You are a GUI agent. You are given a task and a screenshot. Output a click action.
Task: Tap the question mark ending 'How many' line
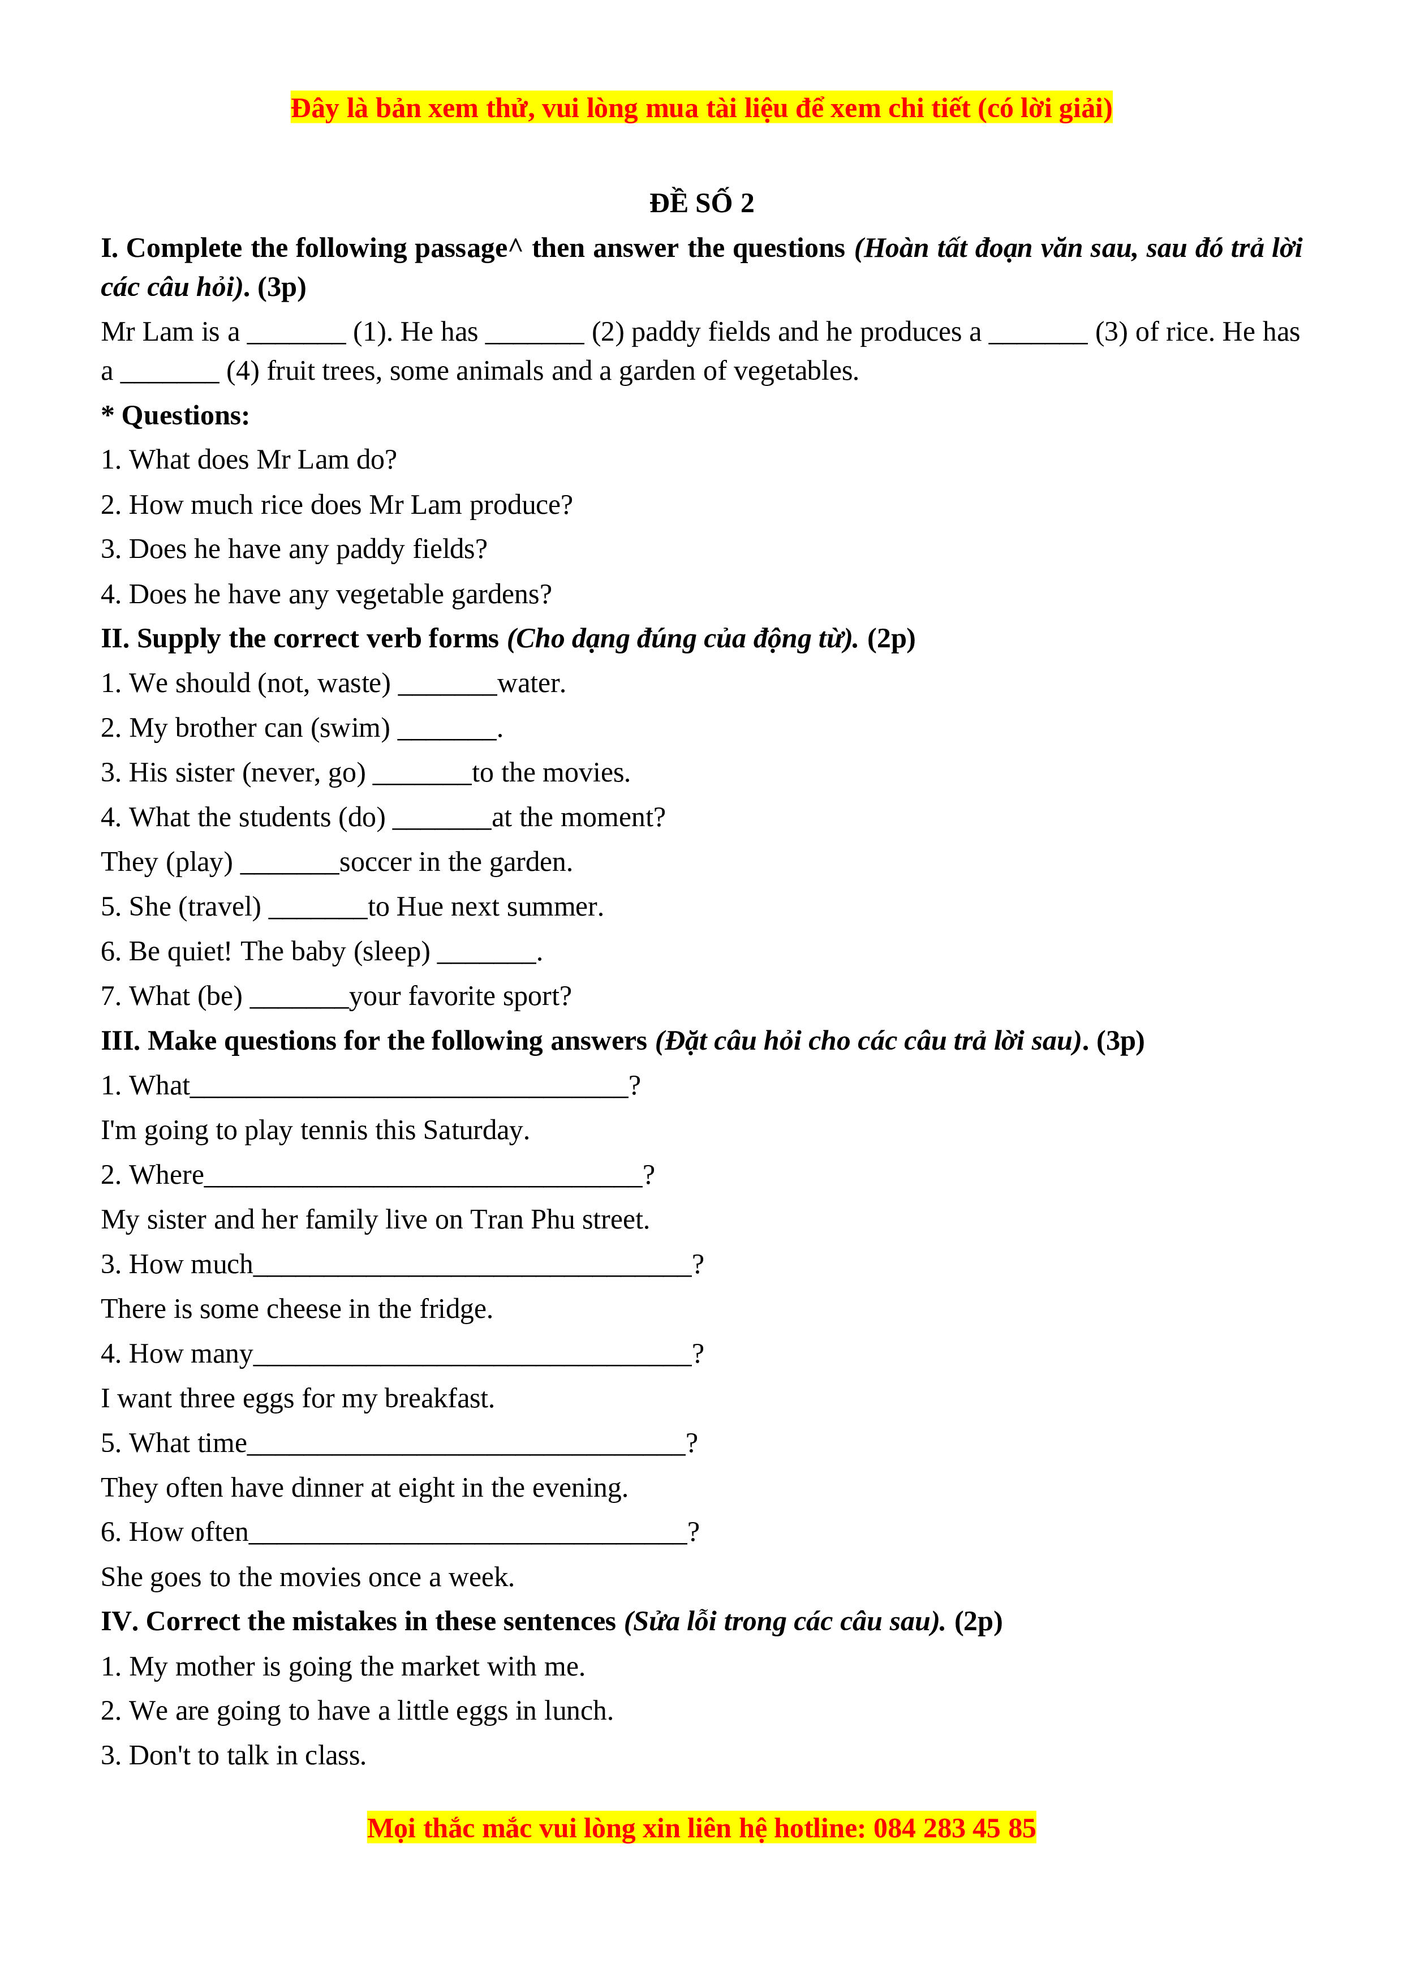[698, 1354]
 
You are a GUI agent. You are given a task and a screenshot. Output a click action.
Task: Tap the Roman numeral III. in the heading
[120, 1041]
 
